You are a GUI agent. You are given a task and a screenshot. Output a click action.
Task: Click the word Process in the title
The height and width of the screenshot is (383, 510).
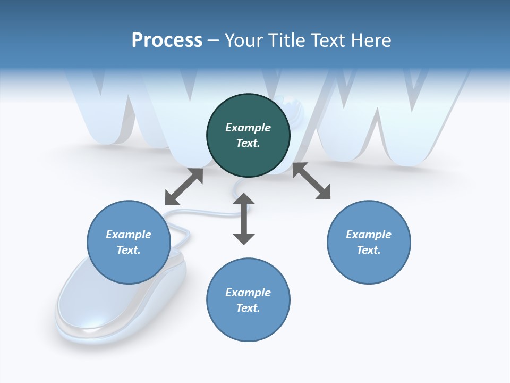167,40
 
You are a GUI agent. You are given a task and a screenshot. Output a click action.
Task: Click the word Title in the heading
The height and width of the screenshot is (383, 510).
287,40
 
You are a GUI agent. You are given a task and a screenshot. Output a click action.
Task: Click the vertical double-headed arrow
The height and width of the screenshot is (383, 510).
244,219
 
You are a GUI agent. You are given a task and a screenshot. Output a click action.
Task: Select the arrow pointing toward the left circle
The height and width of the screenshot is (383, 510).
184,187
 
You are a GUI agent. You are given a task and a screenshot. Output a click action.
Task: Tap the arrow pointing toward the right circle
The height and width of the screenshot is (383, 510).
311,181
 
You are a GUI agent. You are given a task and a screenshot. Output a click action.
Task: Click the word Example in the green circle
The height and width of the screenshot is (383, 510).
248,128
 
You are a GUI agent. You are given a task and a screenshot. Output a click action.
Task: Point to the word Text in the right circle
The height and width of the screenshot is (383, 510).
369,250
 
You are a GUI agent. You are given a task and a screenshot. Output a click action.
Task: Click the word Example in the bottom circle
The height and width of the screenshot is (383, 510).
248,293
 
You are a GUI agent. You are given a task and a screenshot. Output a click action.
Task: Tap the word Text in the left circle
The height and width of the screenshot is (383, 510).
129,250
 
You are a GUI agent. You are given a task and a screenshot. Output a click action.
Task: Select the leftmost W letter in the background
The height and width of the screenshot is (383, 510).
117,106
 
